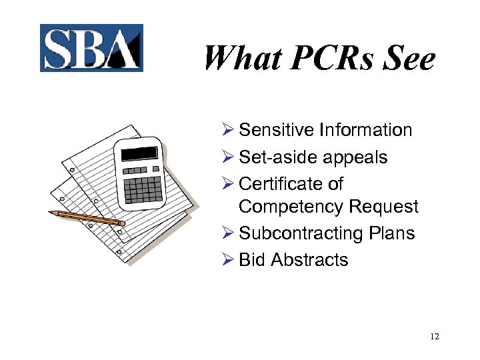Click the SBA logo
tap(91, 48)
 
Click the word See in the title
tap(409, 59)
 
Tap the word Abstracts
tap(310, 259)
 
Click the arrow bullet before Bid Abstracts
tap(227, 259)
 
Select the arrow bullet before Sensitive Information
tap(227, 130)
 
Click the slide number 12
tap(435, 336)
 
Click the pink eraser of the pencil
tap(122, 223)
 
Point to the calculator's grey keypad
tap(143, 187)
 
